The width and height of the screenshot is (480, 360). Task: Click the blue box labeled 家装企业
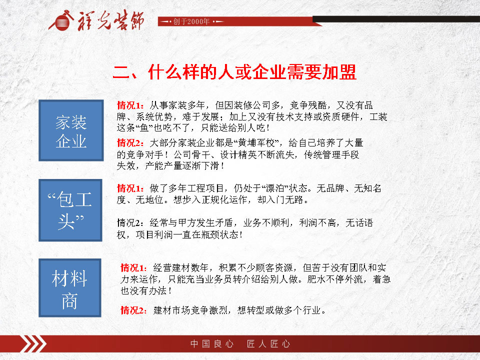pyautogui.click(x=71, y=130)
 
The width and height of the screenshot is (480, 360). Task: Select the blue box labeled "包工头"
pyautogui.click(x=70, y=210)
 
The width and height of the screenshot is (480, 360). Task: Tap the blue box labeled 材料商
pyautogui.click(x=70, y=288)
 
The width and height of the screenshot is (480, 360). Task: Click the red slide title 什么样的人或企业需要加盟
pyautogui.click(x=252, y=72)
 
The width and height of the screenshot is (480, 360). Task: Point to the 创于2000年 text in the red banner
pyautogui.click(x=191, y=21)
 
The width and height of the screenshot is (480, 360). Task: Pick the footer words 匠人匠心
pyautogui.click(x=268, y=344)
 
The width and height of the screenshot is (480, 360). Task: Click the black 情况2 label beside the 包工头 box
pyautogui.click(x=130, y=223)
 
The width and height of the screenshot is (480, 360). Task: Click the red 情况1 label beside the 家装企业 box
pyautogui.click(x=130, y=105)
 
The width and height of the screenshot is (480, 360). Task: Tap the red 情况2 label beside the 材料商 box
pyautogui.click(x=134, y=310)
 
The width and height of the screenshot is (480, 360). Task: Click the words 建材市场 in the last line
pyautogui.click(x=172, y=310)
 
